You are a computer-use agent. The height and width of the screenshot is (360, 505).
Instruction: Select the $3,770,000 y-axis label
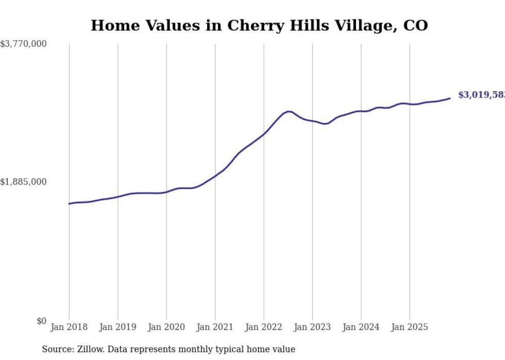point(24,44)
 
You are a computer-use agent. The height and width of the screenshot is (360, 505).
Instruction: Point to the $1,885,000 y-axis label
point(24,182)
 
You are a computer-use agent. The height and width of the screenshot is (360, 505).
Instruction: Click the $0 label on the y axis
point(41,321)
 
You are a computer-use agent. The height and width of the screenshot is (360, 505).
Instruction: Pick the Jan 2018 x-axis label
point(69,327)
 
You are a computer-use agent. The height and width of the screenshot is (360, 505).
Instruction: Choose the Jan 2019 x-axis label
point(117,327)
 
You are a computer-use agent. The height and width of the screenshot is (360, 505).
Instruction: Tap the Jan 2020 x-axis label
point(166,327)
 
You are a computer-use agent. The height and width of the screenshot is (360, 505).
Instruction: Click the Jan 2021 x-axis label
point(215,327)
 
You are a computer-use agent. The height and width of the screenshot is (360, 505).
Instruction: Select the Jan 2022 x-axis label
point(264,327)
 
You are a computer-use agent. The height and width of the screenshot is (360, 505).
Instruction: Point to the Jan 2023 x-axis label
point(312,327)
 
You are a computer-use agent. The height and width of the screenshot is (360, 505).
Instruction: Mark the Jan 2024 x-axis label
point(361,327)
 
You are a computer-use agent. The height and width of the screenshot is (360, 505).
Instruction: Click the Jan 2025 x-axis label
point(410,327)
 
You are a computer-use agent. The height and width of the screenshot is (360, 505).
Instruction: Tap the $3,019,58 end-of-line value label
point(481,95)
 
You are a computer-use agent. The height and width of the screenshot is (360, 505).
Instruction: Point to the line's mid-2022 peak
point(289,111)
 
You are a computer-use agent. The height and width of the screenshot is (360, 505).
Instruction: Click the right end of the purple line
point(450,98)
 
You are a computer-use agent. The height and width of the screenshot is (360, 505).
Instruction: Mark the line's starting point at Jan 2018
point(69,204)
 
